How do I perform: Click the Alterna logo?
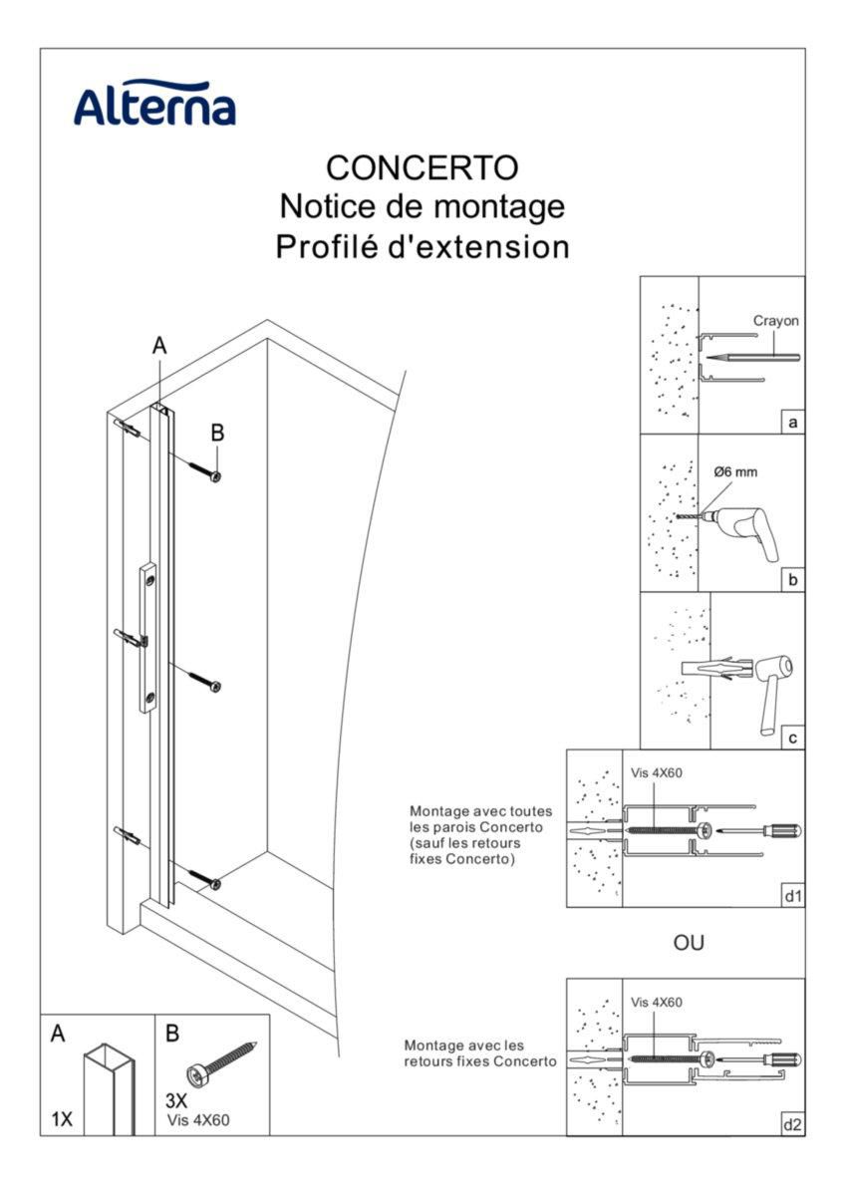(154, 103)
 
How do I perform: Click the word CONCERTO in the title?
(423, 167)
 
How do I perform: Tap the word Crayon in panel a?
(775, 321)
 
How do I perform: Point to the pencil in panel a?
(752, 357)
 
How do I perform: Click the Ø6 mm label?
(735, 472)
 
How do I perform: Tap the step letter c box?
(792, 738)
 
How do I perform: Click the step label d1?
(792, 896)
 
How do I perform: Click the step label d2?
(792, 1125)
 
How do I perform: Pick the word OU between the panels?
(689, 943)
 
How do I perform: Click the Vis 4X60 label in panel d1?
(656, 772)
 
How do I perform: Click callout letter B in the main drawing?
(217, 433)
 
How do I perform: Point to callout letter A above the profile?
(159, 346)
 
